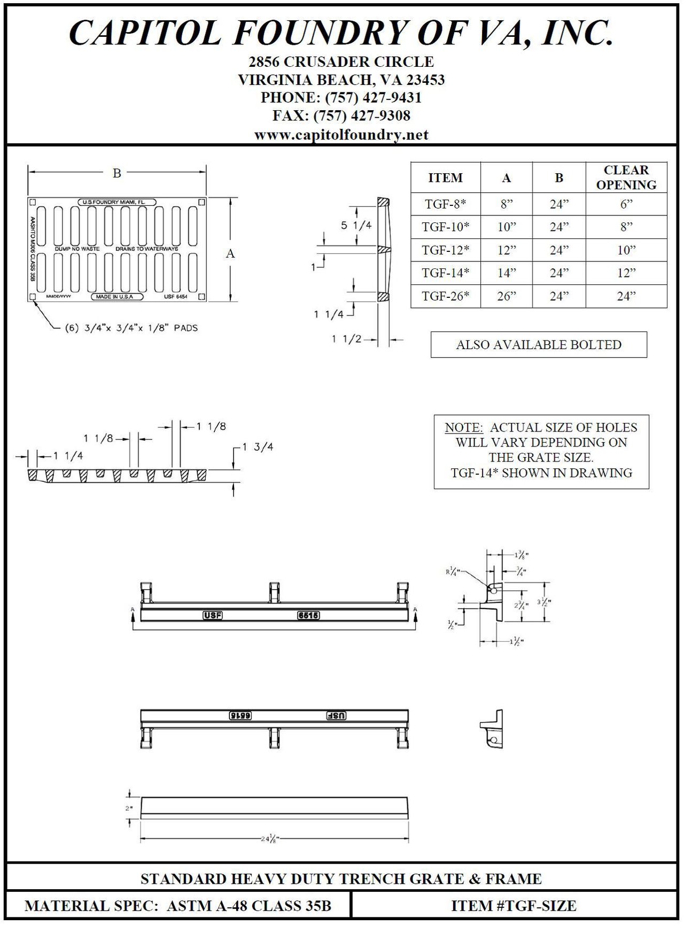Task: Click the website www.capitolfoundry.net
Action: point(341,135)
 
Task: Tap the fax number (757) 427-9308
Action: point(362,115)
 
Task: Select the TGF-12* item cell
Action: point(446,250)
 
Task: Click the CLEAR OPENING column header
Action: point(626,178)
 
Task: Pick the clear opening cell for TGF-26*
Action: point(626,296)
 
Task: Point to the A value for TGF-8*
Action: point(506,204)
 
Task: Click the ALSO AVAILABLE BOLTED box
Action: point(539,345)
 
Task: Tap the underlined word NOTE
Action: point(463,428)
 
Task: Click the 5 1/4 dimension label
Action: point(356,226)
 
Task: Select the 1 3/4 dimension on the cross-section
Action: point(258,447)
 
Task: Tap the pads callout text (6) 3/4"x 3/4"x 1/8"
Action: point(131,328)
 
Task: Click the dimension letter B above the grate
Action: point(117,173)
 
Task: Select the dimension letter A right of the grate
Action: point(230,253)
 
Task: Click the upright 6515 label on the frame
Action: point(308,615)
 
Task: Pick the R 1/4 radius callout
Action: point(452,571)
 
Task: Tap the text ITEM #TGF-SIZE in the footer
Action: point(514,906)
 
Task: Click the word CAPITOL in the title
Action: point(144,33)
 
